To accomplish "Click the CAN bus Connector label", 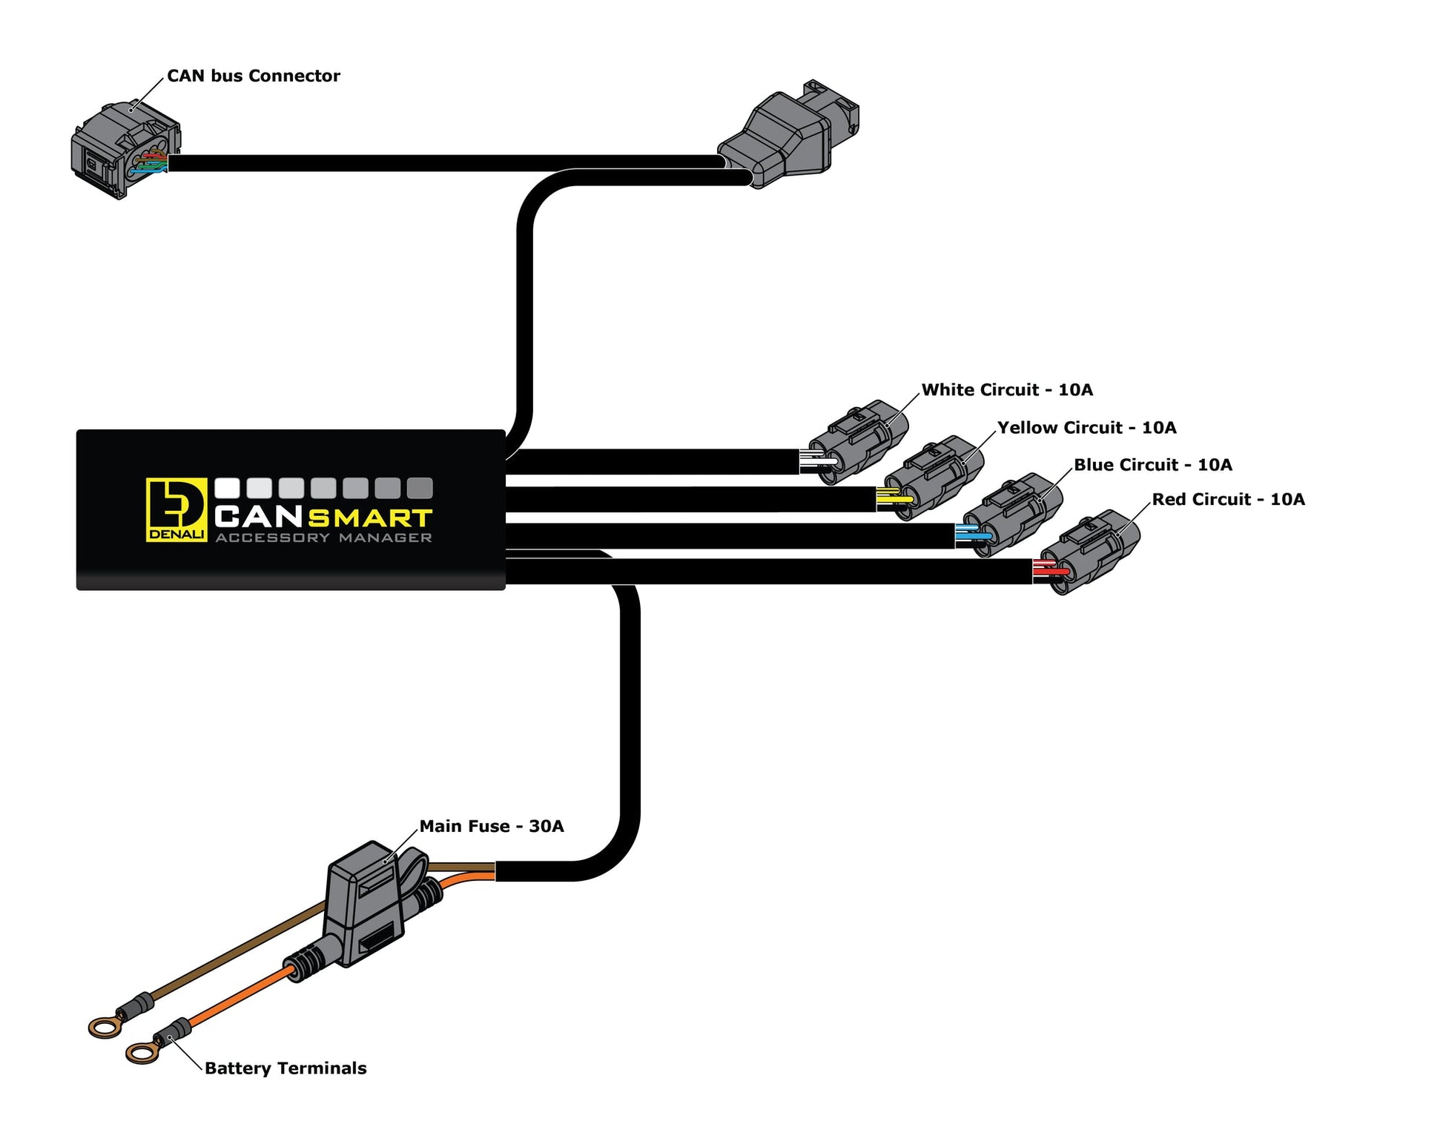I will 253,76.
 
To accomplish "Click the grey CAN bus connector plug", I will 125,150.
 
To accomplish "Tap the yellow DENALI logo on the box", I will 176,509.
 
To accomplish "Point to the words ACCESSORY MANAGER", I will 323,538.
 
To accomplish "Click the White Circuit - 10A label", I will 1006,390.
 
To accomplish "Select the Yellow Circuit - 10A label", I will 1086,428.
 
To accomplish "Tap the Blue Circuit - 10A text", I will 1152,465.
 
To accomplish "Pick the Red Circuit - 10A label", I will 1228,500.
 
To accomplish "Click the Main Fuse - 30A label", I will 491,826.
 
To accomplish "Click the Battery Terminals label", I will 285,1068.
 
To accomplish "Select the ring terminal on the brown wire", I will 102,1027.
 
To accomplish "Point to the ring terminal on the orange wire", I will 141,1051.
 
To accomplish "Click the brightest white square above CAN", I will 227,488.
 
